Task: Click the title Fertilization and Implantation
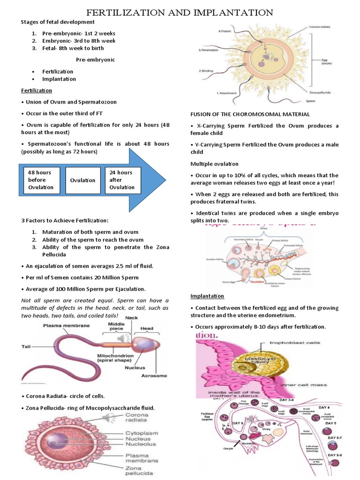pos(180,12)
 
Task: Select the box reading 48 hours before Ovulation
pos(40,180)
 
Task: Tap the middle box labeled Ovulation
pos(82,180)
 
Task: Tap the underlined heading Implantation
pos(207,296)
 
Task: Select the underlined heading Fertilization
pos(36,90)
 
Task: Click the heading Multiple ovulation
pos(214,164)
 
